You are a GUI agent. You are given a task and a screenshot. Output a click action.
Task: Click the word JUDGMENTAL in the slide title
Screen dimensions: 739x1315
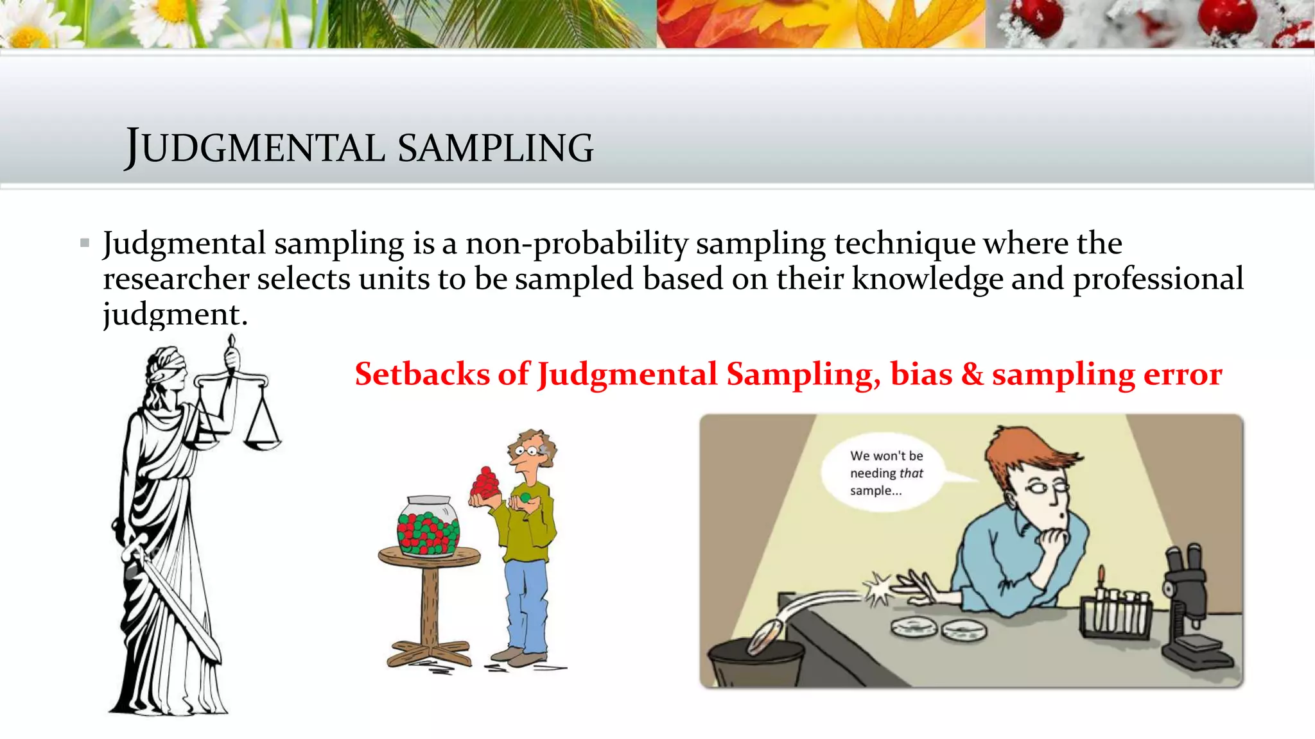[255, 148]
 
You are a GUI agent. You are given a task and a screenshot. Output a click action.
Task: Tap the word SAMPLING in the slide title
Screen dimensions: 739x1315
[495, 148]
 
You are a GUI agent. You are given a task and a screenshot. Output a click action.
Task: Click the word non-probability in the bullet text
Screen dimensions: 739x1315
[577, 243]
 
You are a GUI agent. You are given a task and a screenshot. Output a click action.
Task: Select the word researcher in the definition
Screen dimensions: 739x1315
[176, 279]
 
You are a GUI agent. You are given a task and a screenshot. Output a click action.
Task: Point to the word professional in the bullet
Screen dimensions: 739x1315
[1158, 279]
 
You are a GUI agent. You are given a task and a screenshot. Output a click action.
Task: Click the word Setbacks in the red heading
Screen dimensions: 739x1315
[422, 374]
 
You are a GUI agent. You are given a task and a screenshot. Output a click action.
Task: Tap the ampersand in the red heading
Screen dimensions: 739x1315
[972, 374]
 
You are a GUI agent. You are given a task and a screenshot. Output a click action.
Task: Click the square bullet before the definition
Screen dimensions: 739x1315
[85, 243]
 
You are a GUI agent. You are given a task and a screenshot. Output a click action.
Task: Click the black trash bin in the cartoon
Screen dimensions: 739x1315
[756, 664]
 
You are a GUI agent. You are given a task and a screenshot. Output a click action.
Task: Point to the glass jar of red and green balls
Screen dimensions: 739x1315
[428, 526]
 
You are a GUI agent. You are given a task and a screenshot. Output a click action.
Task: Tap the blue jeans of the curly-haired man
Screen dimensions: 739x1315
[527, 603]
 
